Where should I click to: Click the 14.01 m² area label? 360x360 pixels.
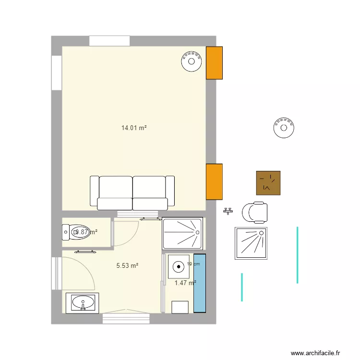(x=133, y=128)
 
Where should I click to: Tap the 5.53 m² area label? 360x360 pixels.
(x=127, y=265)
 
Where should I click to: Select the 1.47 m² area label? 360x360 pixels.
(x=185, y=283)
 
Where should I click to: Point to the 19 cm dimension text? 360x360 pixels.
(x=193, y=264)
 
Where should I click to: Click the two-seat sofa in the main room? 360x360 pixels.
(x=132, y=192)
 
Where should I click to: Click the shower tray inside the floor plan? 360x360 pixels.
(x=182, y=233)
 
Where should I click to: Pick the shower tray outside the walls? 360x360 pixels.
(x=251, y=243)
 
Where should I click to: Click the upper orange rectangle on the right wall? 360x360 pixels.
(x=214, y=63)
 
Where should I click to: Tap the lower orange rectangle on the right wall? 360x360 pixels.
(x=214, y=181)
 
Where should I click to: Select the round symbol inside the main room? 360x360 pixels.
(x=191, y=61)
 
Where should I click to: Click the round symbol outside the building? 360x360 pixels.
(x=284, y=128)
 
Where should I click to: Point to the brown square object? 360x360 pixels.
(x=268, y=183)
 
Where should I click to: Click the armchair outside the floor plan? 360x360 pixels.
(x=254, y=213)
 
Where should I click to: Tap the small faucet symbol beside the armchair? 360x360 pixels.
(x=228, y=211)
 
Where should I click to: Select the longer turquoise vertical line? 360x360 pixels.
(x=298, y=254)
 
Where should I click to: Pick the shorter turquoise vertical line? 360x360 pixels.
(x=241, y=287)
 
